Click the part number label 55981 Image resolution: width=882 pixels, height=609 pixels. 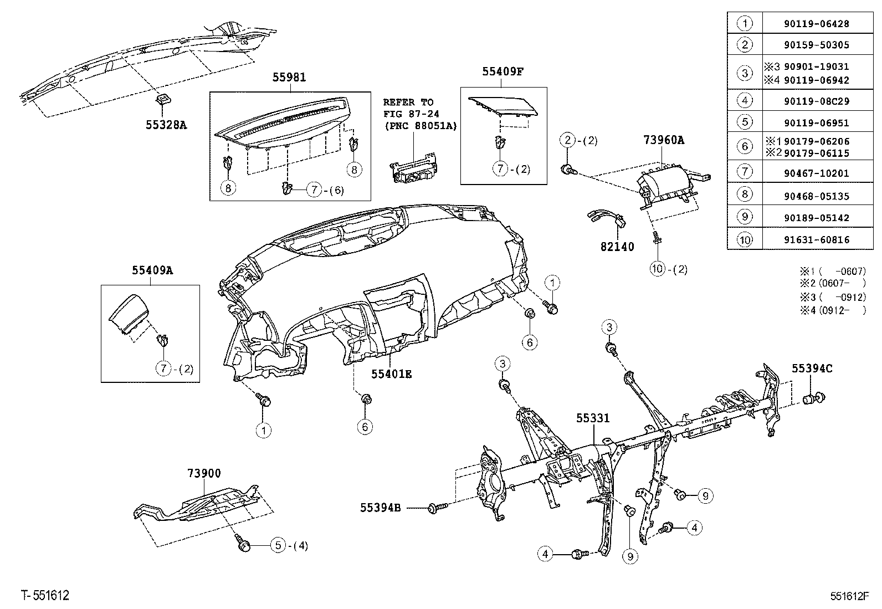coord(289,78)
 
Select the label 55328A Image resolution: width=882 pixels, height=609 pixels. coord(166,125)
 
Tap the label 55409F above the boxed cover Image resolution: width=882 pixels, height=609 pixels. coord(502,71)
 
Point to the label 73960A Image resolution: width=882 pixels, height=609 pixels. coord(664,141)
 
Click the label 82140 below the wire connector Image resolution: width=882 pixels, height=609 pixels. coord(617,247)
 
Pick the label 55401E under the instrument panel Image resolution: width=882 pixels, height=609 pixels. coord(391,374)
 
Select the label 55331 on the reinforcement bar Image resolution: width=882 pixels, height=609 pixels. coord(593,418)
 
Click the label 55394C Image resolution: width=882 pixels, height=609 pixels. coord(812,369)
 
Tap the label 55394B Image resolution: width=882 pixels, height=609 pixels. coord(380,507)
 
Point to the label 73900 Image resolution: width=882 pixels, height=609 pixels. coord(204,473)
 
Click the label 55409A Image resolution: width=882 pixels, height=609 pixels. coord(152,270)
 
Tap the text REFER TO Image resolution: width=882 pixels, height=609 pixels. coord(408,103)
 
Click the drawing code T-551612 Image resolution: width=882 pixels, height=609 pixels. coord(45,596)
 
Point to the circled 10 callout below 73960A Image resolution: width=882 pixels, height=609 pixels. coord(657,269)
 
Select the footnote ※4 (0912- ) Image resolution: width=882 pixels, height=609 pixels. coord(832,310)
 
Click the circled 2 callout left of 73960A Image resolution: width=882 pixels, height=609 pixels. coord(568,140)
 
